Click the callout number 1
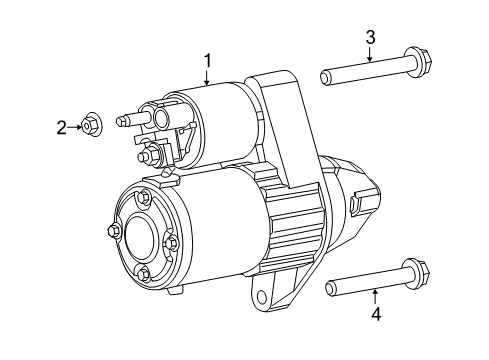click(208, 62)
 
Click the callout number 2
click(61, 127)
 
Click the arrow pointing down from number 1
click(208, 79)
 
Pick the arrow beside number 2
click(73, 127)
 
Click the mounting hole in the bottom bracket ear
click(264, 297)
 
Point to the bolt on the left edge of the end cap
click(113, 232)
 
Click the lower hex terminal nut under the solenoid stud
click(149, 157)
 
